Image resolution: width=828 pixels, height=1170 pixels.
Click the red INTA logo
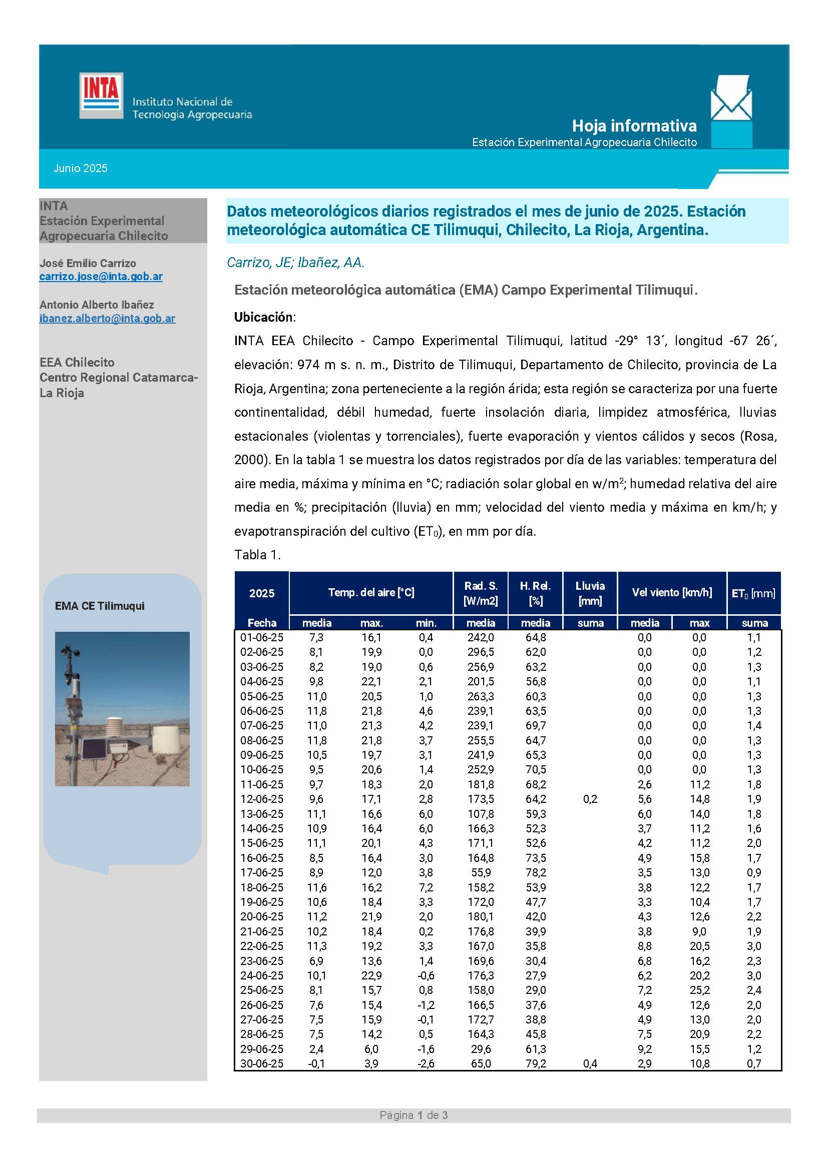click(101, 96)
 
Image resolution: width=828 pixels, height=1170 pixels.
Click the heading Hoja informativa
click(634, 126)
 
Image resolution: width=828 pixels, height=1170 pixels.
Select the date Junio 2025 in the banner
click(81, 168)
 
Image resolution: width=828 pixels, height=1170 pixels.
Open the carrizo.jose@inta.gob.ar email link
click(101, 277)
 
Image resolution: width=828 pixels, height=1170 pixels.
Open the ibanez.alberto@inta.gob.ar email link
click(107, 319)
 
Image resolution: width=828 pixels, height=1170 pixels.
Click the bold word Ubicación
click(264, 317)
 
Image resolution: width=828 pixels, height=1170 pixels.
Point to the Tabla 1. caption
click(257, 554)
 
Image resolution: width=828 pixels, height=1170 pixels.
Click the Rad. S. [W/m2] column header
click(480, 593)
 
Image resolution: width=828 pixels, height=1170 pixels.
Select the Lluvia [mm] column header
click(590, 593)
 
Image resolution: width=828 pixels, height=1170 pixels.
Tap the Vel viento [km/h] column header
click(671, 592)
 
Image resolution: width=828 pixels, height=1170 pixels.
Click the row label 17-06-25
click(261, 872)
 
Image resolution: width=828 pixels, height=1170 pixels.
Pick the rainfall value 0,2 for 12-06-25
click(590, 799)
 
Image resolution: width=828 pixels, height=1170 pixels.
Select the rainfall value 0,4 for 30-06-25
click(590, 1063)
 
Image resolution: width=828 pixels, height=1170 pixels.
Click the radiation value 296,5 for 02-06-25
click(480, 652)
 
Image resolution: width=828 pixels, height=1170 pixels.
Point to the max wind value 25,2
click(699, 989)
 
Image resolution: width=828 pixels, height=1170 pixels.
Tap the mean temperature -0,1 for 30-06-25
click(316, 1063)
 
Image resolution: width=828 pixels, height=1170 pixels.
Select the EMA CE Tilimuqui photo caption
click(100, 606)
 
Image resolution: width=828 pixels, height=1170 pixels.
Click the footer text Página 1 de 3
click(413, 1115)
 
